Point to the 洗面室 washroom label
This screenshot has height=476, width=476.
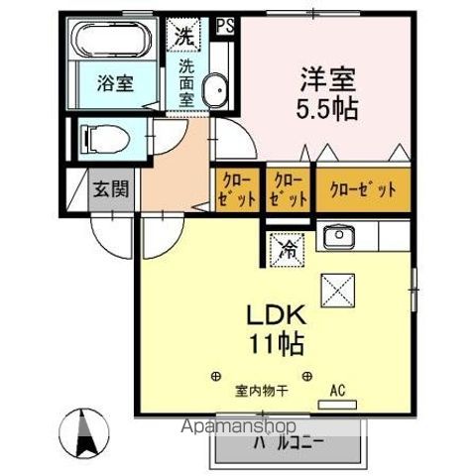185,84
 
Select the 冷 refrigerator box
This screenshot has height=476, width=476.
286,248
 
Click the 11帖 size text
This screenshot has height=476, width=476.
282,346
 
